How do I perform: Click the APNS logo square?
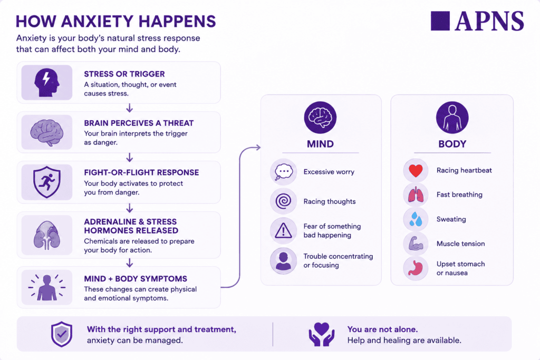[440, 21]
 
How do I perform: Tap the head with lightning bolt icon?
[47, 83]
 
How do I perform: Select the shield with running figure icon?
[47, 182]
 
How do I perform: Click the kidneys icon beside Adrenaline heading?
[47, 235]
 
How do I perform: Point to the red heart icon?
[416, 171]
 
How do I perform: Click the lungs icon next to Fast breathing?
[416, 195]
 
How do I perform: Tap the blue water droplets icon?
[416, 219]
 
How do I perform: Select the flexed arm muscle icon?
[416, 244]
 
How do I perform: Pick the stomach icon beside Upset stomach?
[416, 268]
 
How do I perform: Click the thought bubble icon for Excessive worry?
[283, 172]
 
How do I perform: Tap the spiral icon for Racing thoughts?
[283, 201]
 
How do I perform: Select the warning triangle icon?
[283, 230]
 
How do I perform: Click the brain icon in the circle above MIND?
[320, 117]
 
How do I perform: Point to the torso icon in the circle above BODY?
[452, 118]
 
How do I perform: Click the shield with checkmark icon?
[62, 334]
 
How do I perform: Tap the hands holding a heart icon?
[321, 334]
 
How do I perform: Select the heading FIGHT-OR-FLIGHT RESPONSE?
[141, 172]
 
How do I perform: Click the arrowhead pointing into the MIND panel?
[258, 148]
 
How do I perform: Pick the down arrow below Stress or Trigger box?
[130, 108]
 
